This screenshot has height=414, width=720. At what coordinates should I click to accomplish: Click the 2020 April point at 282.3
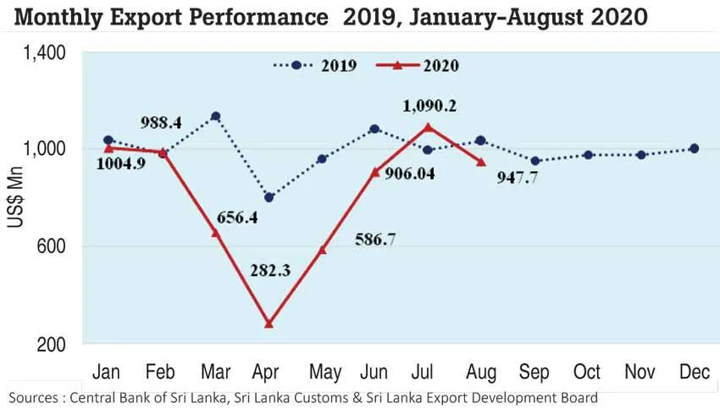tap(269, 323)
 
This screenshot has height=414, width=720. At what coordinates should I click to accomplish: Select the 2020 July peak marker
tap(428, 128)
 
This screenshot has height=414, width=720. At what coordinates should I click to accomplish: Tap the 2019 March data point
tap(216, 116)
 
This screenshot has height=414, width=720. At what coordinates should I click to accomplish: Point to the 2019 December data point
tap(695, 148)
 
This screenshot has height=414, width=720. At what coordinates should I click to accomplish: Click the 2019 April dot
tap(269, 197)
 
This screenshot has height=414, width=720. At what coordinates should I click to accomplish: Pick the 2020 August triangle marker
tap(481, 162)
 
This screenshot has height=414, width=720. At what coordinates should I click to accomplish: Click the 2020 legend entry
tap(427, 65)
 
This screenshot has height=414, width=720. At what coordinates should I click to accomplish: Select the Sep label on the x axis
tap(534, 372)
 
